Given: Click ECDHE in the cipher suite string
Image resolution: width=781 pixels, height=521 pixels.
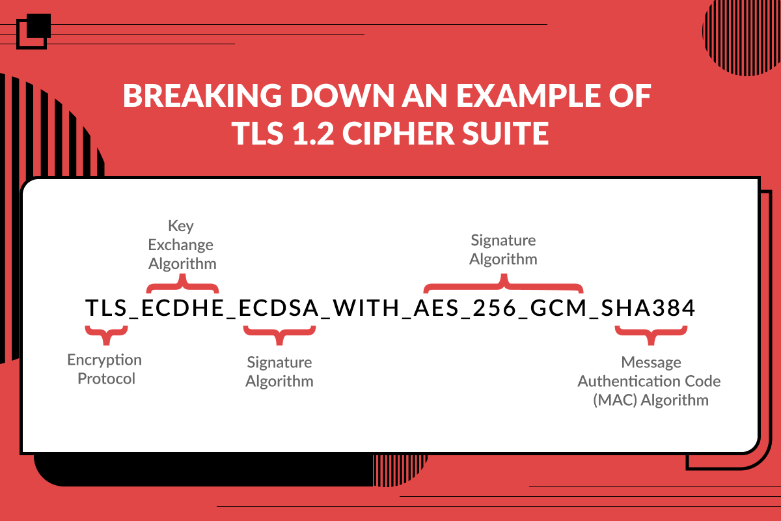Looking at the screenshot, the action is pyautogui.click(x=182, y=308).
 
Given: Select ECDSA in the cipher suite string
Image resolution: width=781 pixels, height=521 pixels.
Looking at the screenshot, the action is pyautogui.click(x=279, y=308).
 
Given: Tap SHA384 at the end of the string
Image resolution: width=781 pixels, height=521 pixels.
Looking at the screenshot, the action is pyautogui.click(x=648, y=308).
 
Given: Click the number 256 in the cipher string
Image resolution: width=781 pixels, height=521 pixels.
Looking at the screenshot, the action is pyautogui.click(x=495, y=308).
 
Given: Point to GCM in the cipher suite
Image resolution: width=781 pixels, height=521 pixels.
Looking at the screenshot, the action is pyautogui.click(x=558, y=308).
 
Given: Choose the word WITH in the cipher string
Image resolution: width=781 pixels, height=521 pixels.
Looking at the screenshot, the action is pyautogui.click(x=366, y=308).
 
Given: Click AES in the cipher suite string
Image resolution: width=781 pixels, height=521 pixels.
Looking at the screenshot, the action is pyautogui.click(x=436, y=308).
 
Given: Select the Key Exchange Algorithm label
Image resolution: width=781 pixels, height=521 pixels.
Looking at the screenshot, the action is pyautogui.click(x=182, y=245).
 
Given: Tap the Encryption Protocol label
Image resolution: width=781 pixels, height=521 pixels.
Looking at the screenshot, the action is pyautogui.click(x=105, y=369).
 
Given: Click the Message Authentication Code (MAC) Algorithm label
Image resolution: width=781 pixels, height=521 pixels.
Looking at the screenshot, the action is pyautogui.click(x=650, y=381).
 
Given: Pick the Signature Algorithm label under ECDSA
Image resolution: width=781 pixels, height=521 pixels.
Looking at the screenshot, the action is pyautogui.click(x=279, y=372).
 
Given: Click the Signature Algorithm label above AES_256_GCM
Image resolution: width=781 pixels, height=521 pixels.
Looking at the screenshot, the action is pyautogui.click(x=503, y=249).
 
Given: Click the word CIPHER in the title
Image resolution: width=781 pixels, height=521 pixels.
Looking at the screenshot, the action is pyautogui.click(x=398, y=133).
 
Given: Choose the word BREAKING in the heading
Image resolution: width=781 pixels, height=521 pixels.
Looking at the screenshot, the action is pyautogui.click(x=202, y=95).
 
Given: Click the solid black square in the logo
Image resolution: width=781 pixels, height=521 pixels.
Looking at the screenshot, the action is pyautogui.click(x=38, y=25).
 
